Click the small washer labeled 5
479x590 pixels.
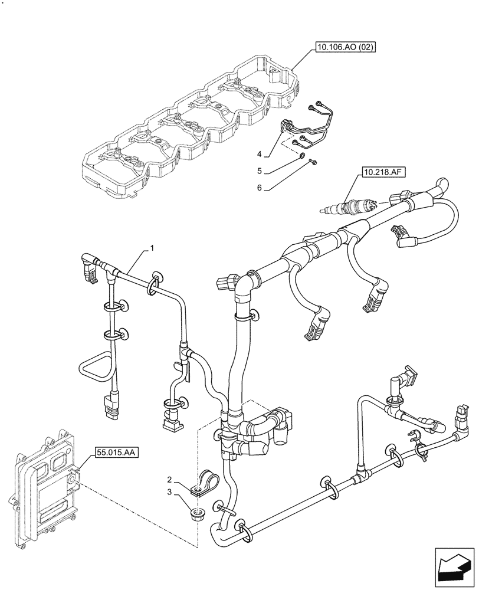click(x=301, y=156)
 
